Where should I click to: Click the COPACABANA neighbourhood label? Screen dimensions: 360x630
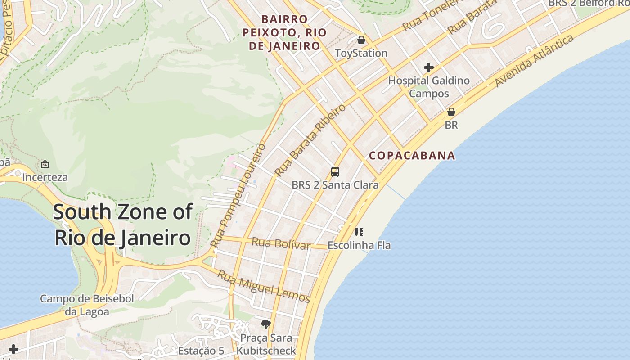[x=412, y=156]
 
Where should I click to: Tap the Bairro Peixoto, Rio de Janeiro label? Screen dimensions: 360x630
[x=284, y=33]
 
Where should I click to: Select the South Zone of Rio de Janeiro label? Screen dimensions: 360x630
[x=123, y=225]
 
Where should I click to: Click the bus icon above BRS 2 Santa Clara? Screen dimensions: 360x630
[x=335, y=171]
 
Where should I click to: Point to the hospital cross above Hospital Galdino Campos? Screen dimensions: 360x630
[x=429, y=67]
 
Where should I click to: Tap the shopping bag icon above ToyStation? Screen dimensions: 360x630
[x=361, y=40]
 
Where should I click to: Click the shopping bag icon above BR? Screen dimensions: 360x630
[x=451, y=112]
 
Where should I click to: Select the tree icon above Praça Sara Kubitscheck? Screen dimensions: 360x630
[x=266, y=324]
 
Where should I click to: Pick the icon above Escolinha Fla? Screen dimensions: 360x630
[x=359, y=232]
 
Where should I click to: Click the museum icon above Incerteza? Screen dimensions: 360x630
[x=45, y=164]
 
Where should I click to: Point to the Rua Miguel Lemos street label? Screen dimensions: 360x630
[x=264, y=286]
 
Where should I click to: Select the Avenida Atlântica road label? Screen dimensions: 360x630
[x=534, y=60]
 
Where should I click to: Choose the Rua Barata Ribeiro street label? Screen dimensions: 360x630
[x=310, y=140]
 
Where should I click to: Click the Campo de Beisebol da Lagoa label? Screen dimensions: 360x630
[x=87, y=305]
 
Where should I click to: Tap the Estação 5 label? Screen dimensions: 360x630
[x=201, y=351]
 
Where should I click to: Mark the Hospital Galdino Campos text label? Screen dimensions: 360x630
[x=429, y=87]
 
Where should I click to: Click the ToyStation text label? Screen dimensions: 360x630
[x=361, y=53]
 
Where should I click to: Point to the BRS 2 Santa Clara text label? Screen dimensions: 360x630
[x=335, y=184]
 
